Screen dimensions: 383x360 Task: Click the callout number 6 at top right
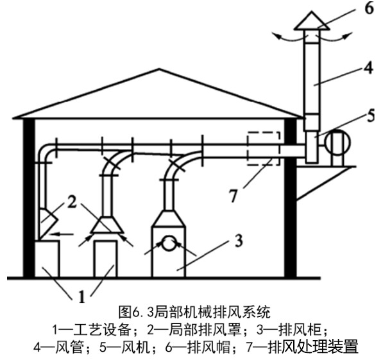(x=369, y=8)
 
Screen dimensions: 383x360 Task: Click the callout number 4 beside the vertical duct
(x=368, y=68)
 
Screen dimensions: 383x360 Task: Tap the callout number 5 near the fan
(x=371, y=116)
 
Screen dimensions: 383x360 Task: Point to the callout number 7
(x=234, y=195)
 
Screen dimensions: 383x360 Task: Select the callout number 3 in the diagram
(x=239, y=240)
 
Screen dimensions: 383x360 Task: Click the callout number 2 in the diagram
(x=72, y=202)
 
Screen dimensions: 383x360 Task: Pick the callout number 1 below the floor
(x=82, y=296)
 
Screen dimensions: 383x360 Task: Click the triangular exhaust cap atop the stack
(x=312, y=21)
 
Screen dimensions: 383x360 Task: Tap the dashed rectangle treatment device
(x=264, y=149)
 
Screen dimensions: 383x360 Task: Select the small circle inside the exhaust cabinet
(x=169, y=243)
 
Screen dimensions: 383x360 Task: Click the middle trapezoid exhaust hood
(x=106, y=225)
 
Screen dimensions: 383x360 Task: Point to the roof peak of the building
(x=159, y=69)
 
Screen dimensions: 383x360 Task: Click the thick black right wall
(x=291, y=198)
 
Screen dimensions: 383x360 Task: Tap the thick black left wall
(x=29, y=198)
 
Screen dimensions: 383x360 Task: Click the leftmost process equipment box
(x=47, y=259)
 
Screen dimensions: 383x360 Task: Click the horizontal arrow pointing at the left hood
(x=62, y=234)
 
